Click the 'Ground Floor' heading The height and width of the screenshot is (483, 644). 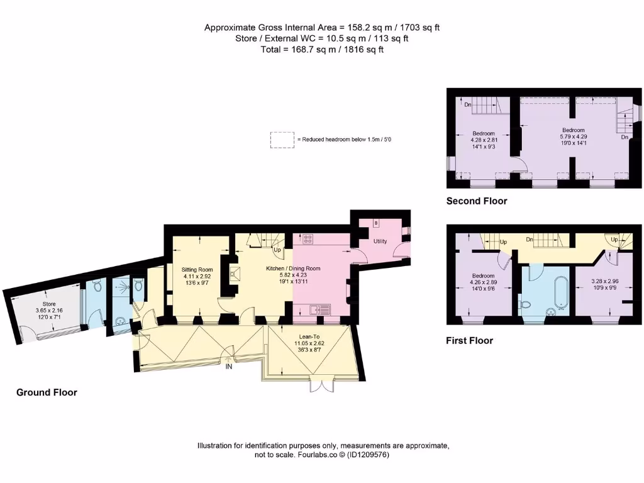tap(47, 392)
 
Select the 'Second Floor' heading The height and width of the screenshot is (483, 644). tap(477, 201)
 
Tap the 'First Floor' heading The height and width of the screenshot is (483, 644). tap(470, 341)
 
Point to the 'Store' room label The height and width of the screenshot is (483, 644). tap(48, 304)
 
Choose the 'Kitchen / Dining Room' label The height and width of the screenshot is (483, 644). tap(293, 269)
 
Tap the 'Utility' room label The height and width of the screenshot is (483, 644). tap(380, 241)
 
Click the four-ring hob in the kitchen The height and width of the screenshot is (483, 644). tap(309, 238)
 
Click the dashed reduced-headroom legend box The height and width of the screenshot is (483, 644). tap(282, 140)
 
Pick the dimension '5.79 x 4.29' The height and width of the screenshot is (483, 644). tap(573, 136)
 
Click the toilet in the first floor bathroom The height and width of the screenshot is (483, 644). tap(527, 305)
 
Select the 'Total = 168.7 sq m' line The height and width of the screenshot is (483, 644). tap(321, 49)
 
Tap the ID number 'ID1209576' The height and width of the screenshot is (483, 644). tap(370, 455)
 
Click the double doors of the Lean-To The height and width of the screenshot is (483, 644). tap(319, 385)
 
